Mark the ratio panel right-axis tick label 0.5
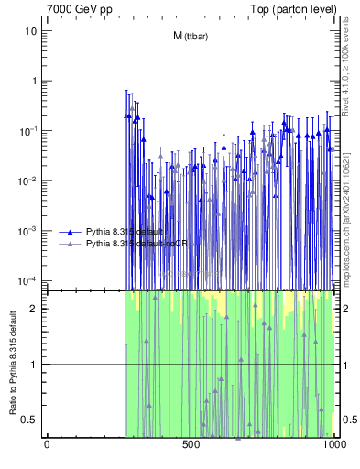click(347, 420)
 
